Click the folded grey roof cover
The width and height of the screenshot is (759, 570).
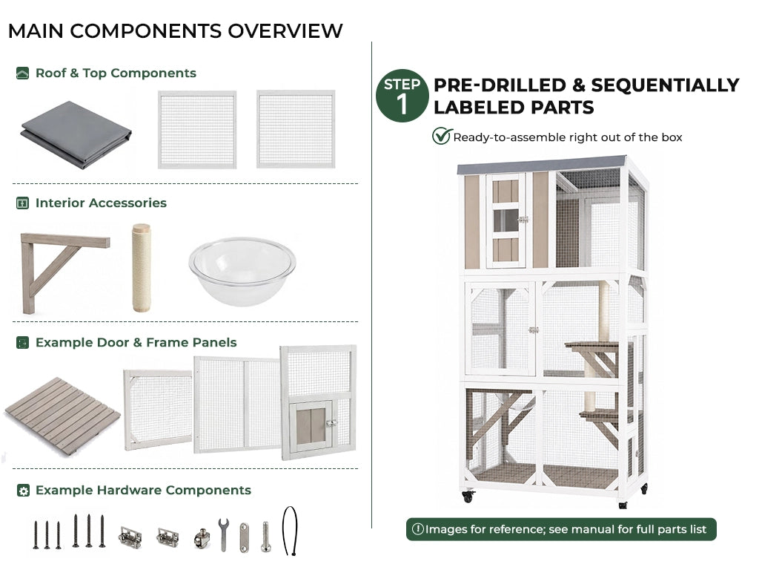(76, 134)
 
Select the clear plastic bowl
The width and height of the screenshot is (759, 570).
(242, 270)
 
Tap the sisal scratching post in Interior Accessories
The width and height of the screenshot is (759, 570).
(142, 267)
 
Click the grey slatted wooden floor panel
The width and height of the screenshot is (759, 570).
(62, 416)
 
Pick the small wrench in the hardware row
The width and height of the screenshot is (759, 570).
(223, 534)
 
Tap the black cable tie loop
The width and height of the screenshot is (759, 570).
(290, 530)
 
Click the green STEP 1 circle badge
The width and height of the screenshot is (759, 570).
(402, 96)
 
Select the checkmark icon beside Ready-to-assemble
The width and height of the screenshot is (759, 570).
(442, 137)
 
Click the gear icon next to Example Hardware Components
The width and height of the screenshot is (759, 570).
(23, 491)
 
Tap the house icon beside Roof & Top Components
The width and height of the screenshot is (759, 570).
(22, 73)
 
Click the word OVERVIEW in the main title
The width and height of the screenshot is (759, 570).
(285, 31)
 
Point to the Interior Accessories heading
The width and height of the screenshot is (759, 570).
(101, 203)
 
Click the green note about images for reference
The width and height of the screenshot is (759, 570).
(561, 529)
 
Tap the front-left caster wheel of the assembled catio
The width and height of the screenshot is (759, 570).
(468, 497)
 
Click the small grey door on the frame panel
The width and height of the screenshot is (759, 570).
(311, 426)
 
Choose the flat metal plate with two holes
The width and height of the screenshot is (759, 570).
(245, 537)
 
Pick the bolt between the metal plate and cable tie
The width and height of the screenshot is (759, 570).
(266, 537)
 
